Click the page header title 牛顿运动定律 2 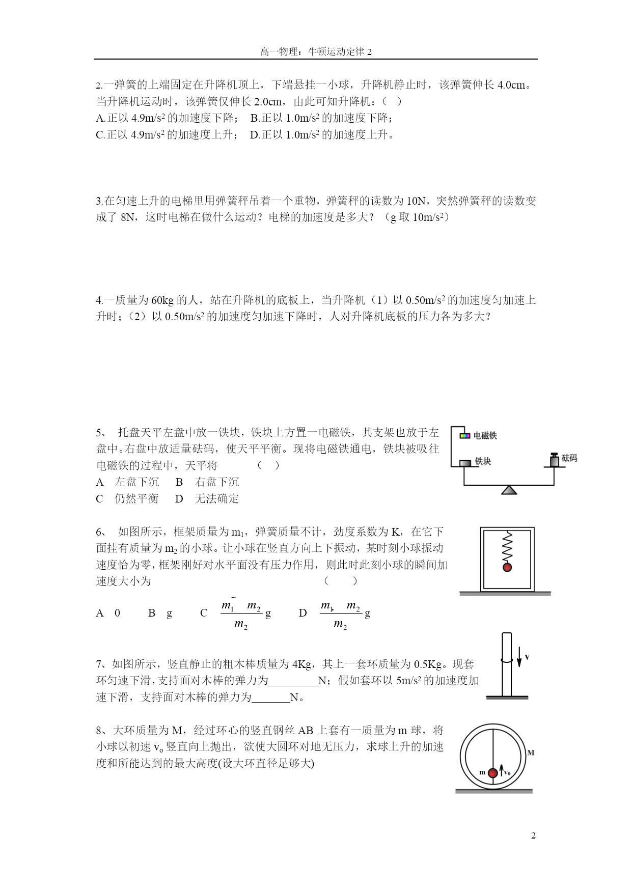(x=316, y=51)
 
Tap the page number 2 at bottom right (x=533, y=835)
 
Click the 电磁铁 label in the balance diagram (x=485, y=436)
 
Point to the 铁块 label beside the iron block (x=483, y=461)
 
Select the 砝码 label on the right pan (x=569, y=458)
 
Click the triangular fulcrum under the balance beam (x=509, y=490)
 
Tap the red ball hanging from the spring (x=507, y=567)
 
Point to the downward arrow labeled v (x=519, y=657)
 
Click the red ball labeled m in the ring (x=492, y=773)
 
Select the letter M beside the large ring (x=531, y=752)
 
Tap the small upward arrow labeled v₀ (x=501, y=770)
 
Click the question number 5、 (x=101, y=433)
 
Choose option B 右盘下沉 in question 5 (x=207, y=482)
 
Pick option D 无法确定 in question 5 (x=207, y=499)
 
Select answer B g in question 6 (x=160, y=613)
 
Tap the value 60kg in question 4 (x=163, y=300)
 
